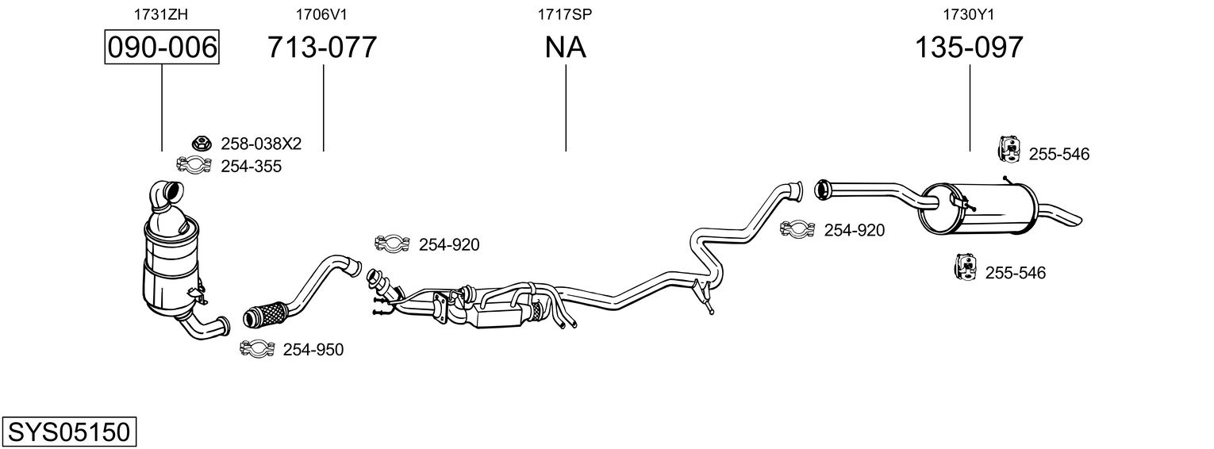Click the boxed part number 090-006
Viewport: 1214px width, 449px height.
point(162,47)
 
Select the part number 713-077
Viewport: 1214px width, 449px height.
point(322,47)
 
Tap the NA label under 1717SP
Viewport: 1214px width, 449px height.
point(565,47)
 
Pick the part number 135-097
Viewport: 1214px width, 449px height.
point(969,47)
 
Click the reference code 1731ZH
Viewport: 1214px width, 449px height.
point(161,14)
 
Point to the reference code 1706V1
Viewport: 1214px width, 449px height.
point(321,14)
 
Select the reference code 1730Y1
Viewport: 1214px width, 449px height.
point(969,14)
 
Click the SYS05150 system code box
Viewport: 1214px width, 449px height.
point(69,432)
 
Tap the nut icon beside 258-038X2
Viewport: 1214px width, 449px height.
point(201,144)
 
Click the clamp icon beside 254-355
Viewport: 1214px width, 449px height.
point(194,165)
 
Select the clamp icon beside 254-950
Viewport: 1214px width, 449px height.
point(258,348)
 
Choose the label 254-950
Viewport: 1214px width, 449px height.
point(313,350)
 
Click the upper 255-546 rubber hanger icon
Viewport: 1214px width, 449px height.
point(1008,149)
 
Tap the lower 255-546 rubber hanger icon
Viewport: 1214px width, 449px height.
point(965,267)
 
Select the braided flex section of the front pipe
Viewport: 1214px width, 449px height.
point(265,315)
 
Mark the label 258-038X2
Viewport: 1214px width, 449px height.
point(261,144)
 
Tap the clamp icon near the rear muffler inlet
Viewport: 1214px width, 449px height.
point(797,229)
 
